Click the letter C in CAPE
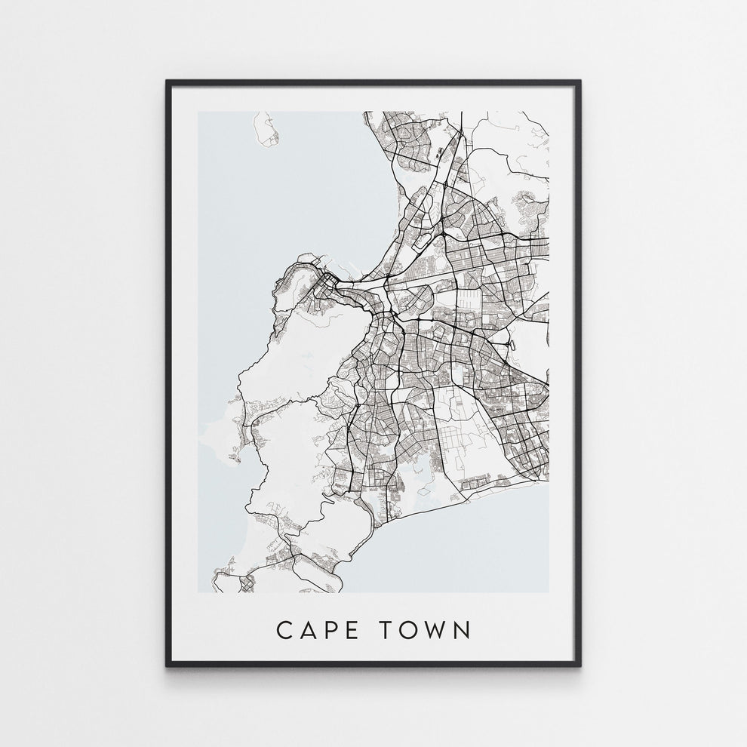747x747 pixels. point(285,630)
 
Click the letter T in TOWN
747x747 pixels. point(395,630)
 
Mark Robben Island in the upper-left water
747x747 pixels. point(266,129)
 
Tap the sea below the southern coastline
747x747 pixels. point(468,551)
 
